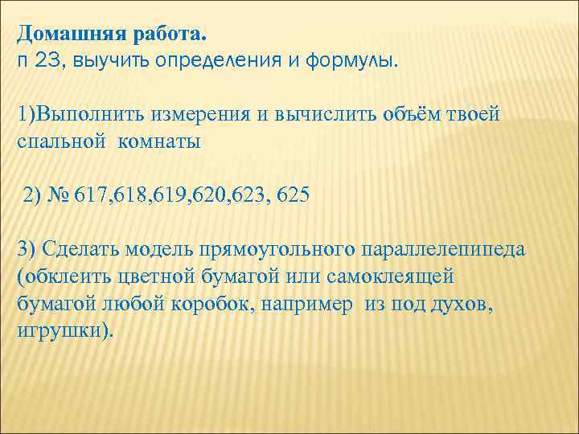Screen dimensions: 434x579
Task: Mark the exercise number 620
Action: (x=208, y=195)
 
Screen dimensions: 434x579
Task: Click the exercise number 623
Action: (x=248, y=195)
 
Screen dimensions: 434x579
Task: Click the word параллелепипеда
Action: (x=443, y=248)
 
